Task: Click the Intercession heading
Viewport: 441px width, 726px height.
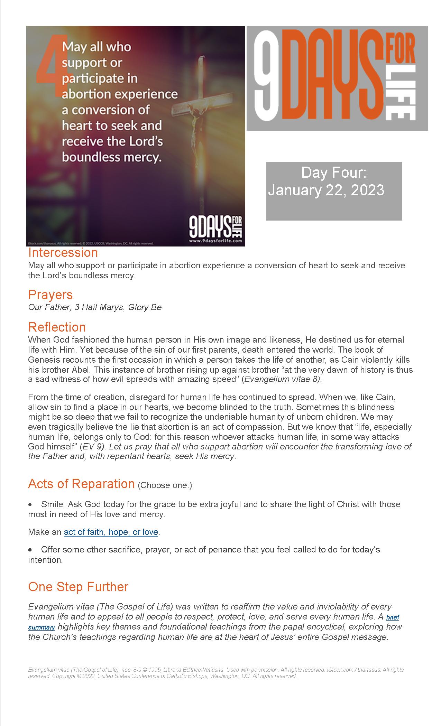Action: click(x=63, y=253)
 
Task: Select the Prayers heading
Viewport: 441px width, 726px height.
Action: click(x=50, y=295)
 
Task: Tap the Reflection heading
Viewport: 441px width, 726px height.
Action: click(x=57, y=327)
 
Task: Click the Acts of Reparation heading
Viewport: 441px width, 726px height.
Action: click(x=81, y=484)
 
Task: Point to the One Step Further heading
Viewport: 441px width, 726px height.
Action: click(x=78, y=587)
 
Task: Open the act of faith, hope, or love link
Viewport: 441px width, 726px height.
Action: click(x=111, y=532)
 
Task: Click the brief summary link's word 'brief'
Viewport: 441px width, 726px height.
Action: click(x=393, y=617)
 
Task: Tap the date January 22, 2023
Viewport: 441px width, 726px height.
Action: click(x=326, y=190)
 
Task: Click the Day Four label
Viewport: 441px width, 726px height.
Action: click(x=334, y=173)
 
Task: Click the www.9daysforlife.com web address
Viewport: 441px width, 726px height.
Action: click(x=215, y=241)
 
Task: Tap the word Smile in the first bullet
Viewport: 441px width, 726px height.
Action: click(x=50, y=504)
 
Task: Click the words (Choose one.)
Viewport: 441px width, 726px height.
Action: click(x=165, y=485)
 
